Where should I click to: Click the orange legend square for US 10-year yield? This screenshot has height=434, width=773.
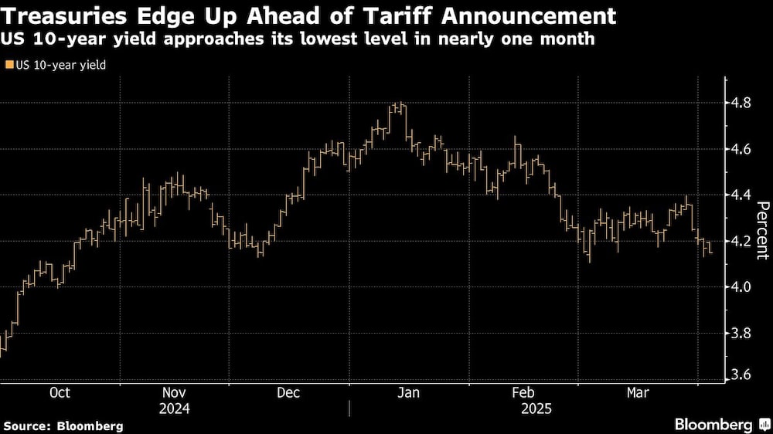point(9,66)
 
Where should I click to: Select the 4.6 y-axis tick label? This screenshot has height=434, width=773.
point(742,148)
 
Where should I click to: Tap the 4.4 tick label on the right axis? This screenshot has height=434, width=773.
point(742,195)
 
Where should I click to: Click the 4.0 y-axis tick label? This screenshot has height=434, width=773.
point(742,287)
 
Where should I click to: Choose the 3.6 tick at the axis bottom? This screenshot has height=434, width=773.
point(742,375)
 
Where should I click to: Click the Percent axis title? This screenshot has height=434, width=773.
point(762,229)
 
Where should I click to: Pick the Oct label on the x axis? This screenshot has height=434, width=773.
point(60,393)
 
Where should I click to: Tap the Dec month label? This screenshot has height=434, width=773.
point(289,393)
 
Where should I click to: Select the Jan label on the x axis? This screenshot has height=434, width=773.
point(408,393)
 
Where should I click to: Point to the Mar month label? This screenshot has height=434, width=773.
point(638,393)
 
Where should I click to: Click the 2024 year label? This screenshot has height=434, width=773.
point(175,408)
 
